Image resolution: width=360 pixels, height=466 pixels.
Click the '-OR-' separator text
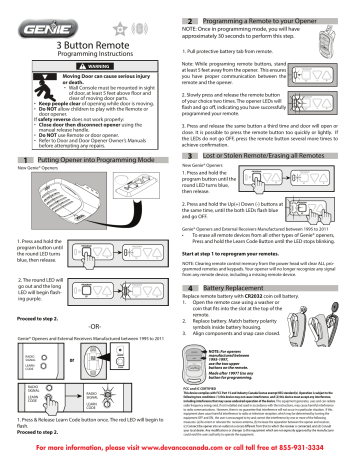(90, 323)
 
